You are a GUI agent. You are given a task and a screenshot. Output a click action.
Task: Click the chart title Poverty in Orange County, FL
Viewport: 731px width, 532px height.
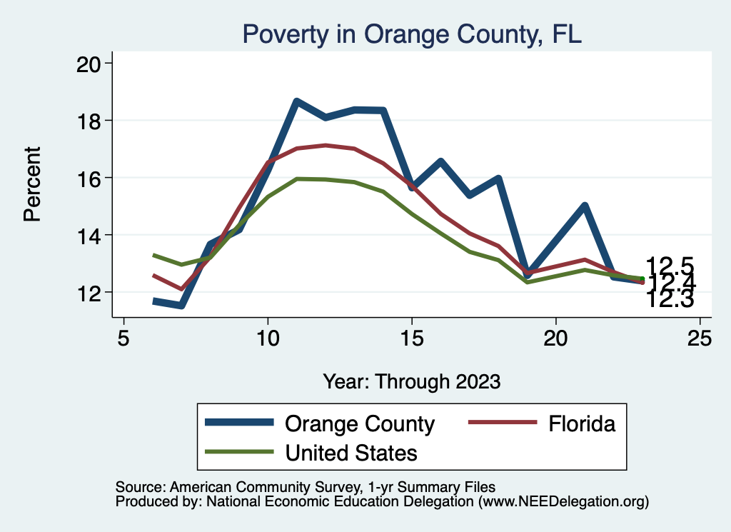pyautogui.click(x=412, y=34)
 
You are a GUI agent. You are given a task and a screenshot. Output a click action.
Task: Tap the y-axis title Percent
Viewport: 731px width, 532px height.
pyautogui.click(x=32, y=184)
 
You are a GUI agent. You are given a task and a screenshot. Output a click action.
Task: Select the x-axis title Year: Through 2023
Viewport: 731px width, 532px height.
pyautogui.click(x=412, y=381)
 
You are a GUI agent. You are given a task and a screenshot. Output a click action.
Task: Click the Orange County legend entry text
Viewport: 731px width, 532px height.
pyautogui.click(x=360, y=423)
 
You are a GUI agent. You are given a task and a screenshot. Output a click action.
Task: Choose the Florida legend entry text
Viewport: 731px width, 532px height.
pyautogui.click(x=582, y=423)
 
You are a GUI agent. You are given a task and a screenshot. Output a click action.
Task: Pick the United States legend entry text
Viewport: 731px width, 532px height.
pyautogui.click(x=351, y=452)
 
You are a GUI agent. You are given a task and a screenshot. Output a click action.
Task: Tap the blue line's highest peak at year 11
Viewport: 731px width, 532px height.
pyautogui.click(x=296, y=101)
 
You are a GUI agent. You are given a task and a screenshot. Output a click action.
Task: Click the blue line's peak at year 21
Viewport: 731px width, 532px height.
pyautogui.click(x=585, y=206)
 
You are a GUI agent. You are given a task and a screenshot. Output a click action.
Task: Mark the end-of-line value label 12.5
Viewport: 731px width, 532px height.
pyautogui.click(x=670, y=266)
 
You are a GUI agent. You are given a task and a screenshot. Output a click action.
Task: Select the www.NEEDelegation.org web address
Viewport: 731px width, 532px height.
pyautogui.click(x=563, y=502)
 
